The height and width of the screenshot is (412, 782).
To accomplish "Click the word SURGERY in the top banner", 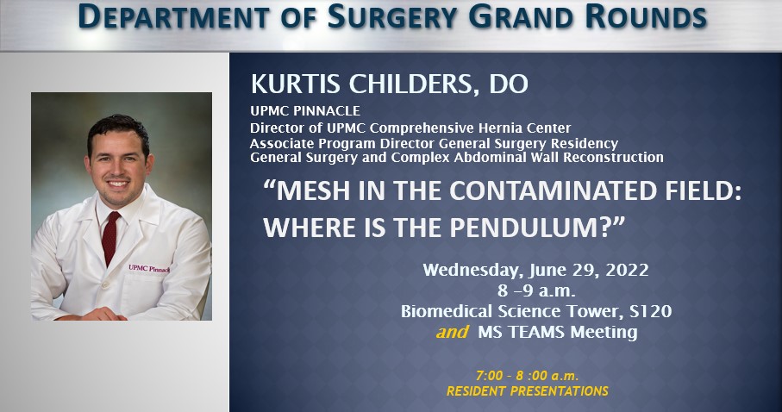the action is tap(392, 17).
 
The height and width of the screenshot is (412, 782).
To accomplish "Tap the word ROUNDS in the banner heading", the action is tap(646, 17).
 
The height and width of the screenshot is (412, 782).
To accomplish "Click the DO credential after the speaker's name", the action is tap(509, 84).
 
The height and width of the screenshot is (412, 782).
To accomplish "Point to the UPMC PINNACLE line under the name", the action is tap(305, 110).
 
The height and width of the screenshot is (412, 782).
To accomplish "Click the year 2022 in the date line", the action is tap(627, 270).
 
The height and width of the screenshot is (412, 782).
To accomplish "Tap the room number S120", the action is tap(650, 311).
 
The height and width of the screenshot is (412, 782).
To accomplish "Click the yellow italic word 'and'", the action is tap(453, 332).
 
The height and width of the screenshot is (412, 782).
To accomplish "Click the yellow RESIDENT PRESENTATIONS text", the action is tap(527, 391).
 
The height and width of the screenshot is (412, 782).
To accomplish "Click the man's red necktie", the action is tap(110, 237).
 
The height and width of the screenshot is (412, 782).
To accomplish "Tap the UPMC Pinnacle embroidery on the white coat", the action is tap(148, 268).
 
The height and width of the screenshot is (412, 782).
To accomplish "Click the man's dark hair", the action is tap(118, 131).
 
